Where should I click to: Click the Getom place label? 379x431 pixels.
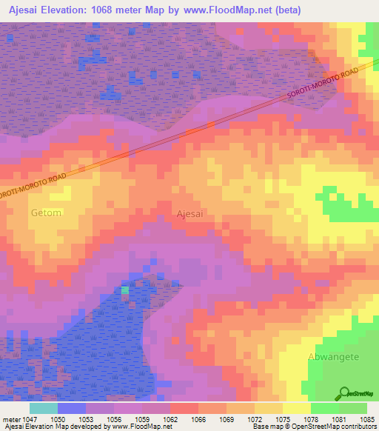46,213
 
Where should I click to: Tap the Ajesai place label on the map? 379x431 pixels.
190,213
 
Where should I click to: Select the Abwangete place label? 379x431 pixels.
333,357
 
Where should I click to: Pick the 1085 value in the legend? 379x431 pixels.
368,419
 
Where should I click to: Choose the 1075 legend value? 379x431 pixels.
284,419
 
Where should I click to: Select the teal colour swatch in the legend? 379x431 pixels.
44,408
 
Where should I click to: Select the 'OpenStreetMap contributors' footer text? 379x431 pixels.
337,427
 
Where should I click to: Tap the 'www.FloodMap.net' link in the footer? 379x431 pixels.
146,427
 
